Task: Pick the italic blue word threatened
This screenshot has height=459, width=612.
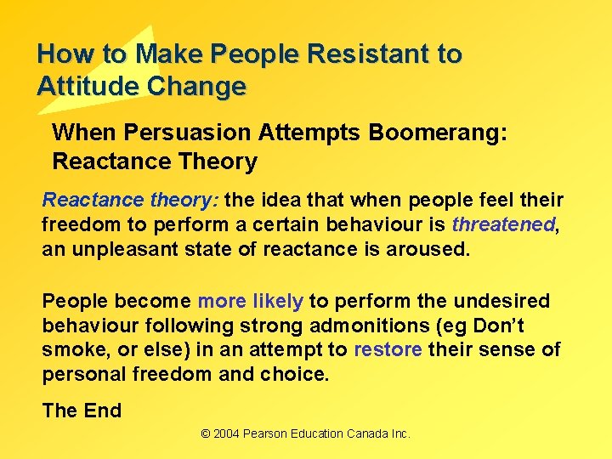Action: [x=502, y=225]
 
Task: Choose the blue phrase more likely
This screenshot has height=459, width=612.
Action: [x=250, y=301]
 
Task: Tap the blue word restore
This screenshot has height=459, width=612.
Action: [x=388, y=349]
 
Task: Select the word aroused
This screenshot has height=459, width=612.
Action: [x=435, y=249]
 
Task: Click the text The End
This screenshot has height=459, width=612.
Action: [x=82, y=411]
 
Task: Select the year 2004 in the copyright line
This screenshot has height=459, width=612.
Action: [x=227, y=434]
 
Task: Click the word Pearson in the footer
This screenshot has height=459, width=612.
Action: [x=269, y=434]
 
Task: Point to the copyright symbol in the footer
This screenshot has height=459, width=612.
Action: [x=206, y=434]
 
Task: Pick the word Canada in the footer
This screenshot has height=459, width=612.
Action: [x=370, y=434]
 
